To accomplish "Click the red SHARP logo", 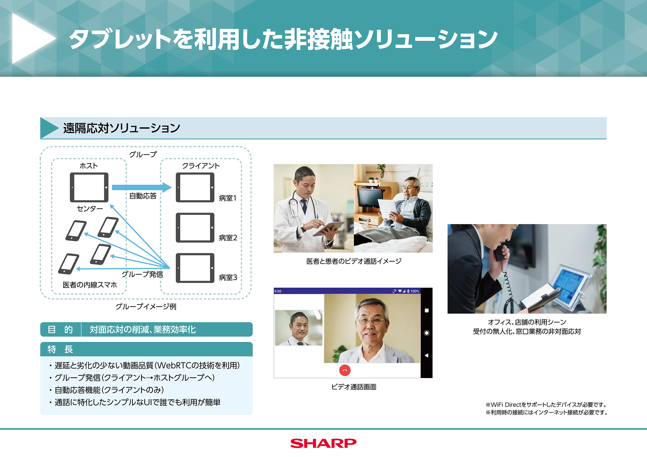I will tap(323, 443).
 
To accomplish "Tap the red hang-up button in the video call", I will tap(345, 370).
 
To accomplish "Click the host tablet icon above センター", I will tap(89, 187).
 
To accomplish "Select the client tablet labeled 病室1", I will tap(195, 187).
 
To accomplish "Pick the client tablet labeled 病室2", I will tap(195, 228).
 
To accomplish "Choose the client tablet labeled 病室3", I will tap(195, 268).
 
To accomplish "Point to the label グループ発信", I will tap(142, 274).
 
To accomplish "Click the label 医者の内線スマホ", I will tap(90, 285).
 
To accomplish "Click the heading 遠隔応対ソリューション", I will tap(122, 128).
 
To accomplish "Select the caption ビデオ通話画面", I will tap(354, 387).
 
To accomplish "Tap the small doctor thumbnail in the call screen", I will tap(299, 328).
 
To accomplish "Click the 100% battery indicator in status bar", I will tap(414, 291).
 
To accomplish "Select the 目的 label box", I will tap(60, 329).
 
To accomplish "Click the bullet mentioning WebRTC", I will tap(147, 365).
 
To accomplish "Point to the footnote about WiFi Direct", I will tap(546, 405).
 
